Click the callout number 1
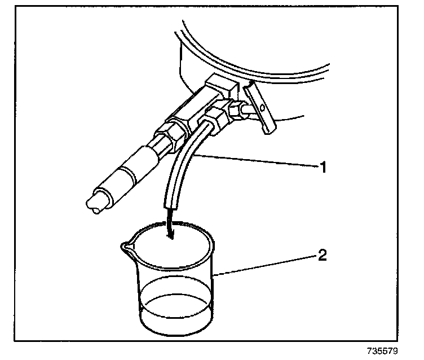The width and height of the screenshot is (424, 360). coord(323,167)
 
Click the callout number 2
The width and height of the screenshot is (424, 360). coord(322,255)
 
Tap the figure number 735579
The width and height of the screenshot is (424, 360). coord(382,351)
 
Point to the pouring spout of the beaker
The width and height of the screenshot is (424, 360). coord(125,247)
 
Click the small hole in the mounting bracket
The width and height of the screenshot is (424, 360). coord(262,108)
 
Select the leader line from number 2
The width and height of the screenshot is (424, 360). coord(265,265)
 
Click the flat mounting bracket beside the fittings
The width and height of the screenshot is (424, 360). coord(259,108)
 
